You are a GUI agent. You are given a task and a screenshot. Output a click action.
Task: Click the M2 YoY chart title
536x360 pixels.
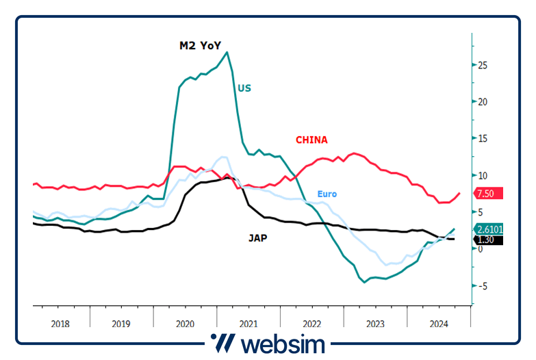(200, 46)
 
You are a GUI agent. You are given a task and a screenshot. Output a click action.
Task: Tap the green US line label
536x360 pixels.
(244, 88)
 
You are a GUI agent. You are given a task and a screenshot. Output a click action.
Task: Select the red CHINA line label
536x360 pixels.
(311, 140)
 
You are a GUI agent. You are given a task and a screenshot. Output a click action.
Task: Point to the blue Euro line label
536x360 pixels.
(327, 194)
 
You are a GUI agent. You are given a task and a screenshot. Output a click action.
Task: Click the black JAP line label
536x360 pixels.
(258, 238)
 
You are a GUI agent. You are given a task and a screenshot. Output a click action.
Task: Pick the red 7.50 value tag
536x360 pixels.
(488, 193)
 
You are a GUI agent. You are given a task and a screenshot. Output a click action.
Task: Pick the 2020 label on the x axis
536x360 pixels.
(185, 324)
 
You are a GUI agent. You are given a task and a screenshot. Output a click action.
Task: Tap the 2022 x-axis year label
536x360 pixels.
(311, 324)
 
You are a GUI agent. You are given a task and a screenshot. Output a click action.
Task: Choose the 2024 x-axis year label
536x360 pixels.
(438, 324)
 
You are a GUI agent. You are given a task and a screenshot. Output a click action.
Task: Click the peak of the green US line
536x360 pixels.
(227, 52)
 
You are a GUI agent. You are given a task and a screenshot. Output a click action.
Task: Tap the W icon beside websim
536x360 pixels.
(222, 342)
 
